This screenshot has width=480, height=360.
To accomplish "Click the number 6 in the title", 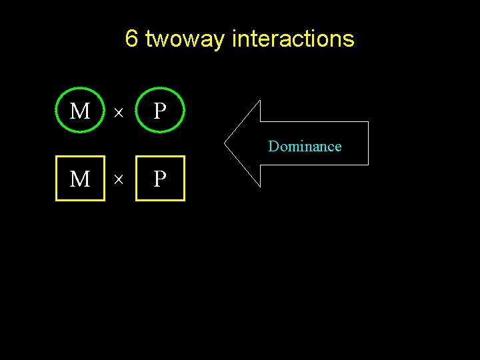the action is [131, 39].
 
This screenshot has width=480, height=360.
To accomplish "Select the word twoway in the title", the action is [185, 40].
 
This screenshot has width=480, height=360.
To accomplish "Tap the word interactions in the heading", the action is [293, 39].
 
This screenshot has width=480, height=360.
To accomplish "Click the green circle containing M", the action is [80, 111].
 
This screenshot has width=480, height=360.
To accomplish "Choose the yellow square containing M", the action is [80, 179].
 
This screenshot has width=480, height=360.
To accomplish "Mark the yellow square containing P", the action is [160, 179].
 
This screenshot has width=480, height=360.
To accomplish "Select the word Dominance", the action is [305, 146].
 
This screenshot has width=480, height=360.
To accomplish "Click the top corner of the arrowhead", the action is [259, 101].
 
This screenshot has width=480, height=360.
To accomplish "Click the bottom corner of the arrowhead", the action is [259, 185].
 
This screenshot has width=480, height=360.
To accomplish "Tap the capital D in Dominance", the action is [273, 146].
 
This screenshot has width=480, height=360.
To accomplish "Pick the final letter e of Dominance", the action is [338, 147].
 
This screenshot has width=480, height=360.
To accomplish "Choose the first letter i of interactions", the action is [235, 39].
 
